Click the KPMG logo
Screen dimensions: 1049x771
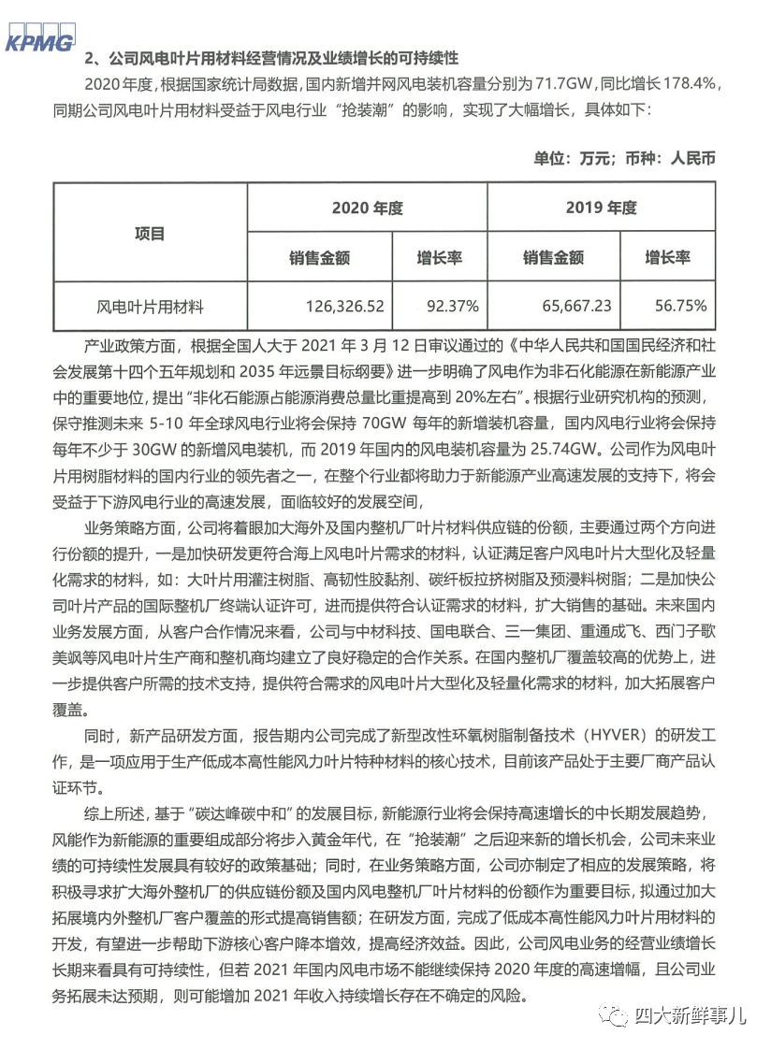38,41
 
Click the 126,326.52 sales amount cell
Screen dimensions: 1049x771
344,306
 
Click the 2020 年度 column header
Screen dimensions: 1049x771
367,208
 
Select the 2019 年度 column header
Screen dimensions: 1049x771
601,208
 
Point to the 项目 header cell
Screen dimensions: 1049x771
150,233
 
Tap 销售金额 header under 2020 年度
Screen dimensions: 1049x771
319,257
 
